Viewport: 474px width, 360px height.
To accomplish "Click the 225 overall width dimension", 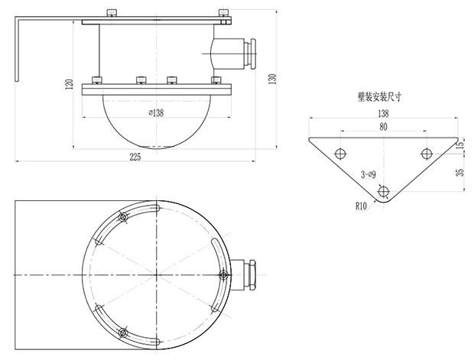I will coord(135,157).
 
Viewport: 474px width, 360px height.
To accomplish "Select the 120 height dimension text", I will coord(69,84).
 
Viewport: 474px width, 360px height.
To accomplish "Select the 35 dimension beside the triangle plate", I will coord(459,173).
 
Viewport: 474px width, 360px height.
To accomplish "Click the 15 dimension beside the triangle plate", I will coord(459,144).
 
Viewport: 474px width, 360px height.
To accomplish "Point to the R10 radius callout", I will coord(362,205).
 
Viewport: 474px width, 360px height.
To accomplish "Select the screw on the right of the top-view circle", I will coord(222,274).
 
